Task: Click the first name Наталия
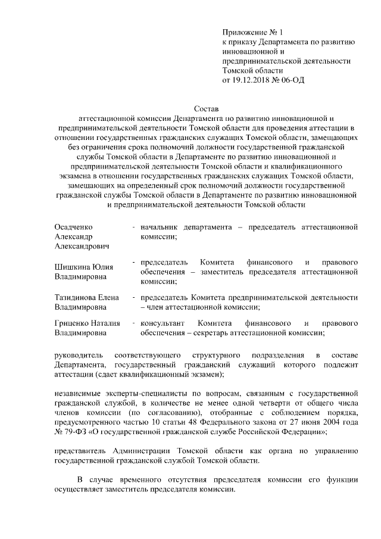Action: tap(108, 323)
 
